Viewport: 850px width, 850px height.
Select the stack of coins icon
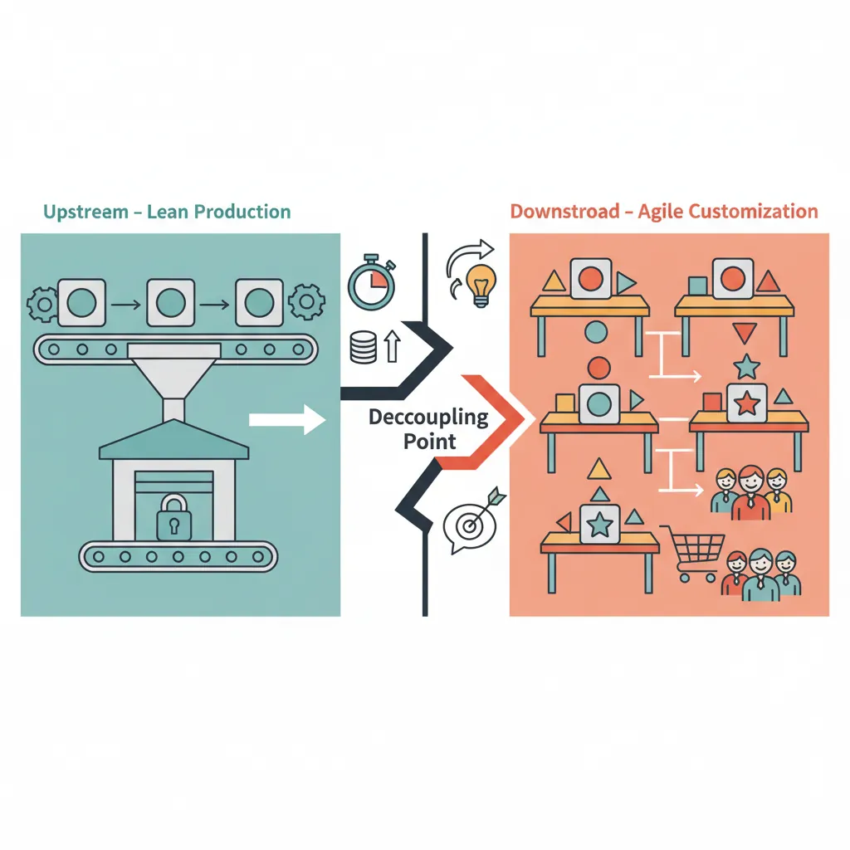[364, 346]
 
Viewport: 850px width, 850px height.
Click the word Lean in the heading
[170, 212]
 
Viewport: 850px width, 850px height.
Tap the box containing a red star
[747, 403]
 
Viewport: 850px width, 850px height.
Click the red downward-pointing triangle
[744, 334]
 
